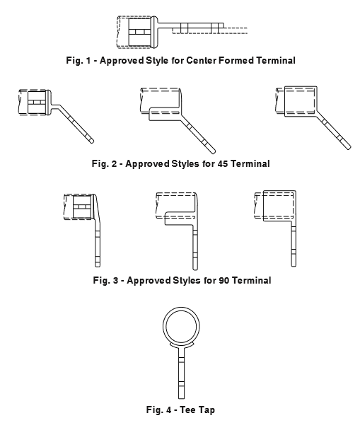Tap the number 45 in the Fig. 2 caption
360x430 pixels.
coord(223,163)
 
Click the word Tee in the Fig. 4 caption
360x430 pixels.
coord(187,410)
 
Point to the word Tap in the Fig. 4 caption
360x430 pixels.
coord(207,410)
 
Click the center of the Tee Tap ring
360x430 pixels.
coord(181,325)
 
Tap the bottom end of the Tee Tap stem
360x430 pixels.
coord(181,398)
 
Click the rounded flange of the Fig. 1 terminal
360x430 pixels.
coord(154,32)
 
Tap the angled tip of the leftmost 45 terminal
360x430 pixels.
coord(91,141)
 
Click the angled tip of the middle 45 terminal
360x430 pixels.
coord(213,151)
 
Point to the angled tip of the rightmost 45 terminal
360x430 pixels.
coord(349,147)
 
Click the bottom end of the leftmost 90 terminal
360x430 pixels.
coord(98,266)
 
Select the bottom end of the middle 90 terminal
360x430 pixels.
coord(195,269)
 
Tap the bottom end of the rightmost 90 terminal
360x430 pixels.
coord(294,265)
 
